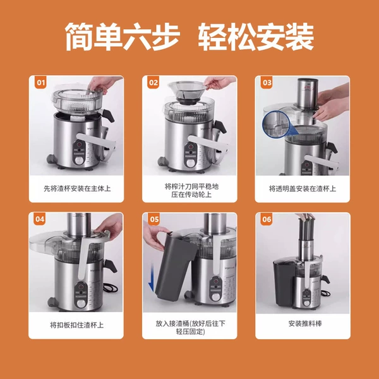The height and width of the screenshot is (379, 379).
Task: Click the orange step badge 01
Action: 40,82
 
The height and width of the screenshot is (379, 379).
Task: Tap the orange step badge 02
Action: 153,82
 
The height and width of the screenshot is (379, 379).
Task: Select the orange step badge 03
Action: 267,82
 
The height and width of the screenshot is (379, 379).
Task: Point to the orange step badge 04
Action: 40,219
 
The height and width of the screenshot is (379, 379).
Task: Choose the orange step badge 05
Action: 154,219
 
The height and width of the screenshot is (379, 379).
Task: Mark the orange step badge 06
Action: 267,219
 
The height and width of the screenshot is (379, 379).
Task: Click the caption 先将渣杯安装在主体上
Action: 77,188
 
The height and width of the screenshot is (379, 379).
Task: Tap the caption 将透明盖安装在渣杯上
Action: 303,188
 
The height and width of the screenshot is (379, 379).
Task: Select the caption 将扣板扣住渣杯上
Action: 76,325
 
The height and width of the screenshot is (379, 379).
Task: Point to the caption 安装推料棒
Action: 305,323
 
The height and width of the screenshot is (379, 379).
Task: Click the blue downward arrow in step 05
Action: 152,277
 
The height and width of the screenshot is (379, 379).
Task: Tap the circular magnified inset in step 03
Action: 276,124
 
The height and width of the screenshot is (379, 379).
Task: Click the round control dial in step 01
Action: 78,160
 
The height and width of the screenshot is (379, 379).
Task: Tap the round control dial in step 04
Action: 81,303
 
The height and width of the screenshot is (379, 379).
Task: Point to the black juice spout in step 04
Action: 110,266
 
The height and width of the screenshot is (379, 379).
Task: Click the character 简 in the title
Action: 80,37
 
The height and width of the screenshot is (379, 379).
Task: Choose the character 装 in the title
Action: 299,37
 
